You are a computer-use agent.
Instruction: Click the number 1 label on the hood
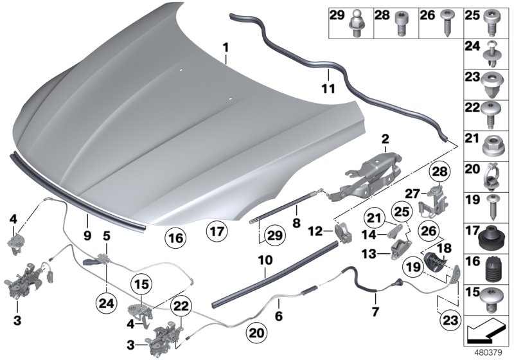click(x=226, y=48)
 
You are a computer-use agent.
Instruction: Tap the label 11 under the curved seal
click(x=328, y=89)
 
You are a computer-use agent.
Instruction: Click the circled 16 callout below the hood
click(x=175, y=239)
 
